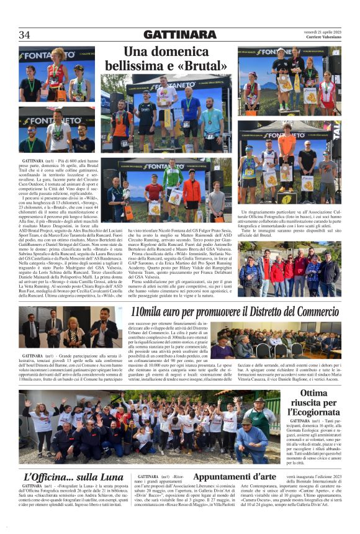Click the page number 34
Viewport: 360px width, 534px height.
(25, 35)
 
